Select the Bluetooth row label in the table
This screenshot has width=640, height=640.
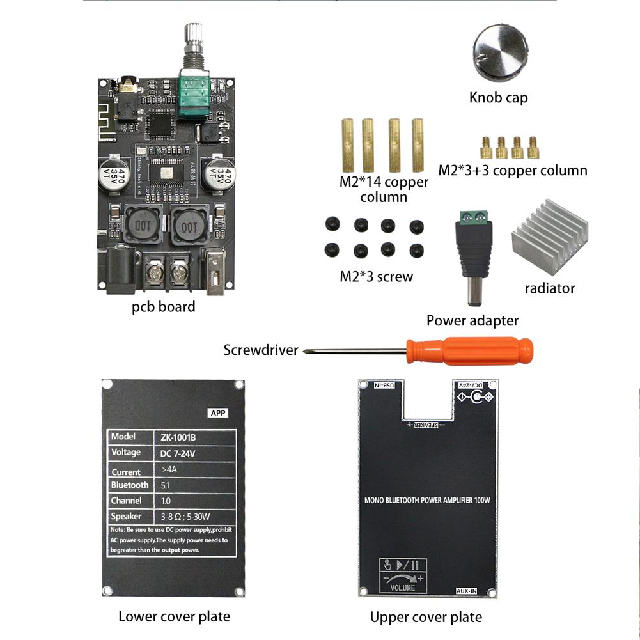130,485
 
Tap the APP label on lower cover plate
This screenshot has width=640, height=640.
218,413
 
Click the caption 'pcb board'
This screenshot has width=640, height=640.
164,307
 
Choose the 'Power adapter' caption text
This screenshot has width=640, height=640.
472,321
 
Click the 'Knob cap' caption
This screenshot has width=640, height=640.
498,98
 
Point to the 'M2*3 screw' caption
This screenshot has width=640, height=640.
376,277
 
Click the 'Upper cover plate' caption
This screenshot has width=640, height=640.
426,617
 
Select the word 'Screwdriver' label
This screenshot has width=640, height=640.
260,350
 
